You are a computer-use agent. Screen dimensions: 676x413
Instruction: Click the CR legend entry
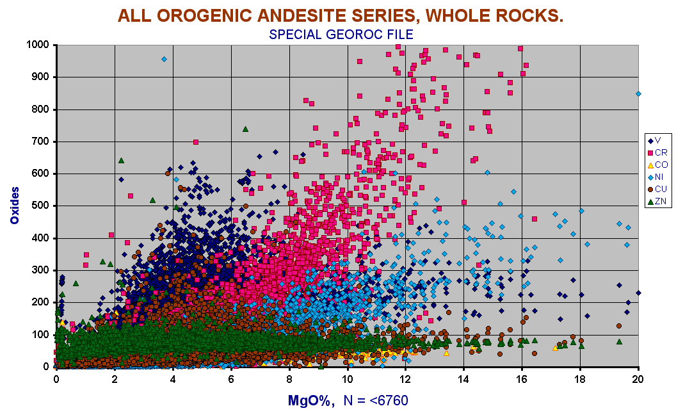pos(657,152)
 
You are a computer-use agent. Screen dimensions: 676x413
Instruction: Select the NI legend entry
pos(656,177)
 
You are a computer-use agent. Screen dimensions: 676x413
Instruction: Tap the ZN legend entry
pos(657,201)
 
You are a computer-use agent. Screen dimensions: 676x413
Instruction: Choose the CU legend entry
pos(657,189)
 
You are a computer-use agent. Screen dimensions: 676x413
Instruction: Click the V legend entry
pos(654,140)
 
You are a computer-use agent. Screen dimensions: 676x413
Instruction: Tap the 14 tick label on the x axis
pos(463,379)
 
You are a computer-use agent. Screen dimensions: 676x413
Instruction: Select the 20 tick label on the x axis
pos(638,379)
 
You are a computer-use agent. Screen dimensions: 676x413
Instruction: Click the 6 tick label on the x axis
pos(231,379)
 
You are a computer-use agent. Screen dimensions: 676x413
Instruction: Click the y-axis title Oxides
pos(15,205)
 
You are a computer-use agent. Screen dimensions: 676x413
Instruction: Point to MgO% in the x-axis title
pos(311,400)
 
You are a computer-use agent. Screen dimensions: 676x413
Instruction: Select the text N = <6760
pos(376,400)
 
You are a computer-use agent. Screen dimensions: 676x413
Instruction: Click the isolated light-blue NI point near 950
pos(165,59)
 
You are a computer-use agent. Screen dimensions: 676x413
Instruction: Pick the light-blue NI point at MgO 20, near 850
pos(638,93)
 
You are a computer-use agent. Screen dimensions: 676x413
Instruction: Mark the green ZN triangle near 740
pos(245,129)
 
